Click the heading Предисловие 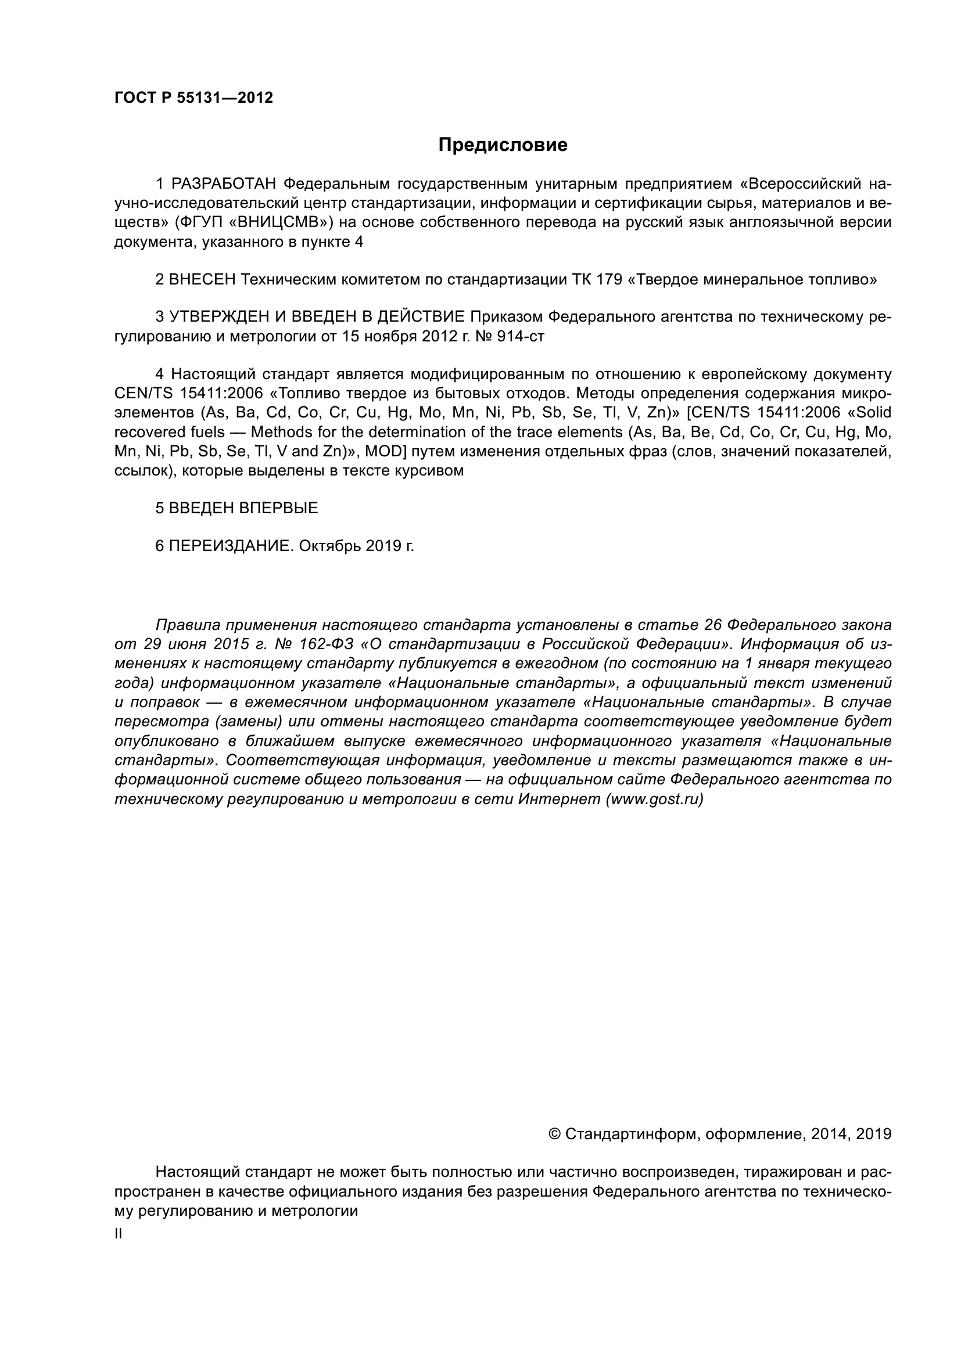(503, 145)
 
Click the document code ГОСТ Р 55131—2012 (193, 98)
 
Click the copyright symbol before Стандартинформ (554, 1134)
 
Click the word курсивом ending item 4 (428, 471)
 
